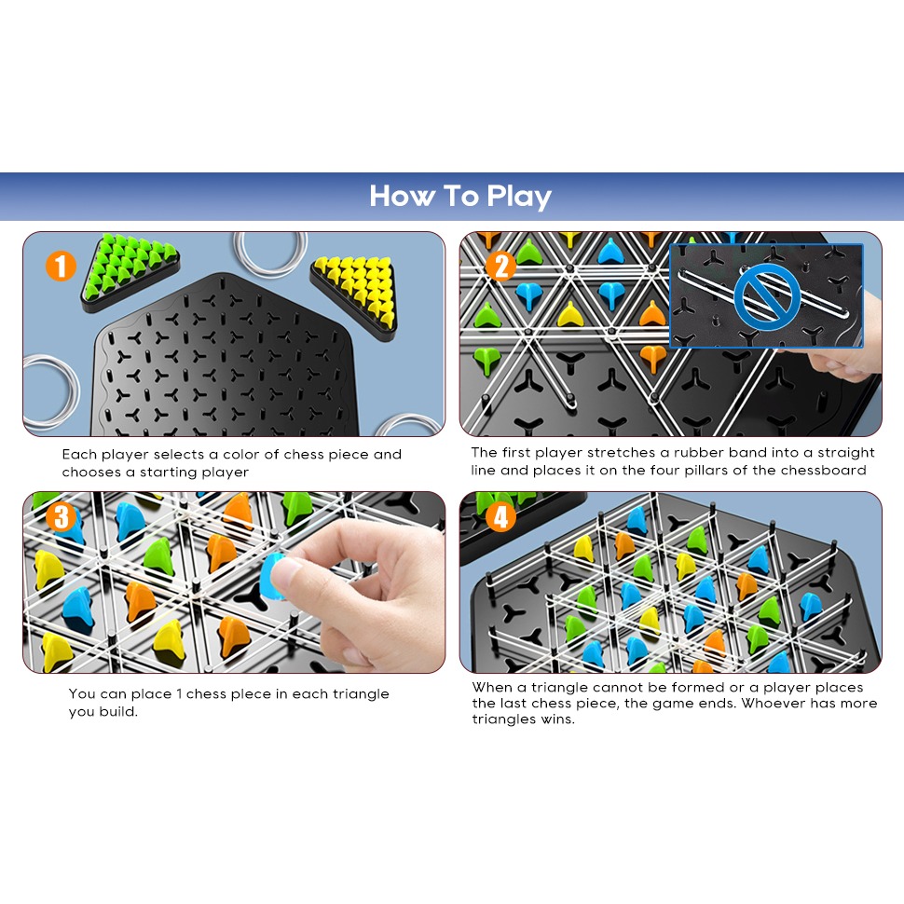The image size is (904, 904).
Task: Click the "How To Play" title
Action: coord(460,197)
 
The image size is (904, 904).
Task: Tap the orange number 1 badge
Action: coord(61,266)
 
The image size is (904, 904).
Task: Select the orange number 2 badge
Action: coord(500,266)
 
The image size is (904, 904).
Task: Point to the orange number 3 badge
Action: coord(62,516)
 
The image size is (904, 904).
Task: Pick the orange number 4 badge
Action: coord(500,516)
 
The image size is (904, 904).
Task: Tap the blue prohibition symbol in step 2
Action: coord(766,296)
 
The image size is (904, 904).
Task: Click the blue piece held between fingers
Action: coord(273,577)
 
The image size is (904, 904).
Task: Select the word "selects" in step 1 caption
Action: coord(179,454)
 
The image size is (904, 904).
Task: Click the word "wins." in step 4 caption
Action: coord(557,719)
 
